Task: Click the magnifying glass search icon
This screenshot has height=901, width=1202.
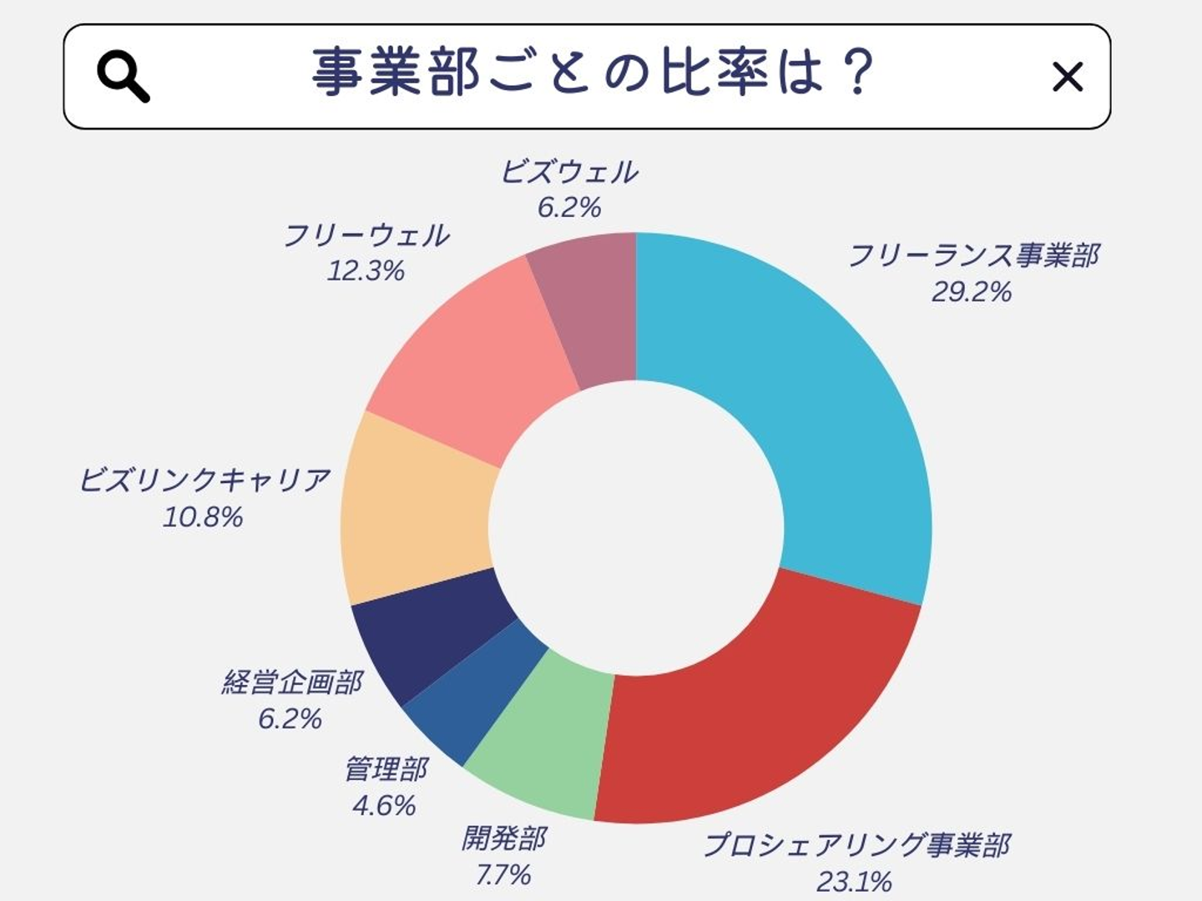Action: (123, 76)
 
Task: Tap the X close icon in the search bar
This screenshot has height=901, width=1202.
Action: (1067, 77)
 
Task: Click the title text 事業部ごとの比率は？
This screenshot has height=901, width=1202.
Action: (593, 73)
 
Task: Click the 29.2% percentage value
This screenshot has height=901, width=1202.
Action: (972, 292)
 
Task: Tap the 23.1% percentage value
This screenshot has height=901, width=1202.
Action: (854, 881)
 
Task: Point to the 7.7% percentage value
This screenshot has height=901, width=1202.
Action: (503, 874)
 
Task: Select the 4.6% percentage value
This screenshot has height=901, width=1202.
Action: (384, 805)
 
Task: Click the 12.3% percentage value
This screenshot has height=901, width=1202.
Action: (366, 271)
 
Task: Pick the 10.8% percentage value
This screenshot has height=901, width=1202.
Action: (203, 517)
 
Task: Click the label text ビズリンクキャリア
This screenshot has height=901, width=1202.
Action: (205, 481)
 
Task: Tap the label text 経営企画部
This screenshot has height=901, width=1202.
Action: (292, 682)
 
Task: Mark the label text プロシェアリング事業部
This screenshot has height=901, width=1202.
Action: (856, 844)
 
